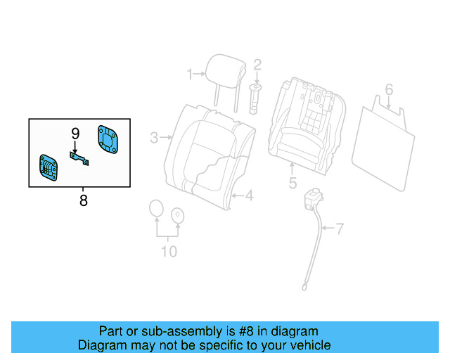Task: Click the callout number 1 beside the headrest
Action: pos(189,73)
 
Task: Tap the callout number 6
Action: pos(389,89)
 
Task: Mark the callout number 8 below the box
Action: pos(83,200)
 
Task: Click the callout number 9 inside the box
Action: pos(75,132)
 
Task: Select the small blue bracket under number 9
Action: pos(79,157)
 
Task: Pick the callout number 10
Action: pos(169,251)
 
